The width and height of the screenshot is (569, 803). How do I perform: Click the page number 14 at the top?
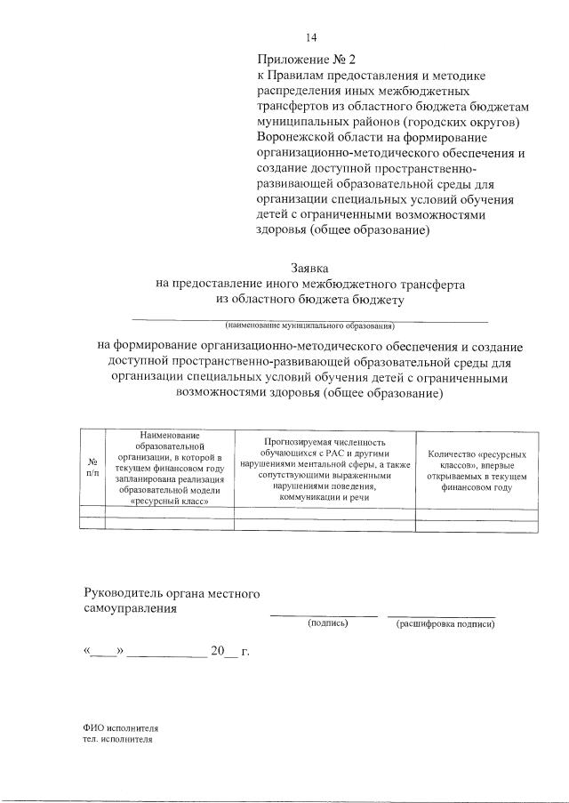pyautogui.click(x=311, y=37)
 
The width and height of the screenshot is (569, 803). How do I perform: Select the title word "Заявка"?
pyautogui.click(x=310, y=268)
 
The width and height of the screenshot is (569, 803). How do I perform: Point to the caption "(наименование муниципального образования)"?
pyautogui.click(x=310, y=325)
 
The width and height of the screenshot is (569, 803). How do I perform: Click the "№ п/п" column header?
pyautogui.click(x=92, y=468)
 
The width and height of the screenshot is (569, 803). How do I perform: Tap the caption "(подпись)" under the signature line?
pyautogui.click(x=327, y=623)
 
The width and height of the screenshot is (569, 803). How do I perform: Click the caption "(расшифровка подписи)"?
pyautogui.click(x=445, y=623)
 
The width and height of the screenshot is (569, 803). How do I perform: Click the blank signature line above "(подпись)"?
pyautogui.click(x=324, y=614)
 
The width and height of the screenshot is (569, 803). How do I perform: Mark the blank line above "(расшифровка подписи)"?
pyautogui.click(x=441, y=614)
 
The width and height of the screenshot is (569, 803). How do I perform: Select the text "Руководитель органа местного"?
pyautogui.click(x=171, y=593)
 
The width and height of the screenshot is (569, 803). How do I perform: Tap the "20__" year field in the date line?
pyautogui.click(x=224, y=652)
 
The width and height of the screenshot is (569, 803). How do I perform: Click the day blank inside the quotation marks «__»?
pyautogui.click(x=105, y=653)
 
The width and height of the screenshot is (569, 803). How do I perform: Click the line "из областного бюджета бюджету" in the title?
pyautogui.click(x=310, y=300)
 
